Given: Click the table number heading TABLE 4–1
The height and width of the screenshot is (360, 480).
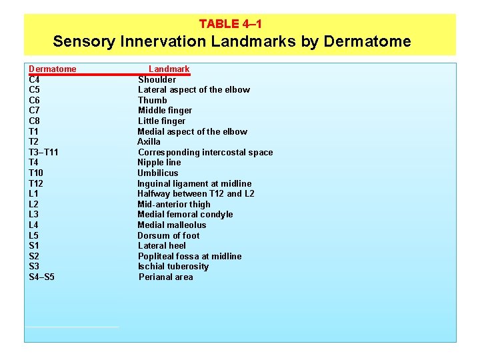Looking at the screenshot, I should point(230,24).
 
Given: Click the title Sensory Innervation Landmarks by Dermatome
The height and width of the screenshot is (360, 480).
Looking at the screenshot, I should point(232,41).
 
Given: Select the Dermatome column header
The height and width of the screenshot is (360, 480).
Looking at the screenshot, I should point(53,69).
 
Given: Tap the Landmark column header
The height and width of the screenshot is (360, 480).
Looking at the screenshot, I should point(169,69).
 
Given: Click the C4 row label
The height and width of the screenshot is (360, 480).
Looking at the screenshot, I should point(34,79).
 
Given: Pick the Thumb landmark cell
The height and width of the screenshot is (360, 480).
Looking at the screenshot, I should point(153,100).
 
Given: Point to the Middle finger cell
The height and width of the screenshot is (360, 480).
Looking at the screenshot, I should point(165,111).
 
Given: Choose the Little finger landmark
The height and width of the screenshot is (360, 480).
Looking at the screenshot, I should point(161,121).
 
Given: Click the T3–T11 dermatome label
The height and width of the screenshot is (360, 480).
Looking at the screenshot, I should point(43,152).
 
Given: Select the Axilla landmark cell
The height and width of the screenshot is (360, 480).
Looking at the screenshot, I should point(149,142).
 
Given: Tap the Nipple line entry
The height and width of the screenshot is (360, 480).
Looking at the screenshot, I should point(159,163).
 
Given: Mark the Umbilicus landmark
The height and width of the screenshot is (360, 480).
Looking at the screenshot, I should point(158,173).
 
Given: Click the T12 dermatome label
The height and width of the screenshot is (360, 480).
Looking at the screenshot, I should point(36,183).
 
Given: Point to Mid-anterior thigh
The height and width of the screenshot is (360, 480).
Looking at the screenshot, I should point(174,204).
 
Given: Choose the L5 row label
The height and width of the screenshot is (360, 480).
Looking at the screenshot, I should point(34,235).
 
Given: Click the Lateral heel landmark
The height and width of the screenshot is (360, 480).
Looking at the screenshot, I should point(162,245).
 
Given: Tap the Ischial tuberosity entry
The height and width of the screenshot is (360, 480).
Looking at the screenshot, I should point(173,267).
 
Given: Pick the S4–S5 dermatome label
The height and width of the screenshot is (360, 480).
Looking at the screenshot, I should point(42,277).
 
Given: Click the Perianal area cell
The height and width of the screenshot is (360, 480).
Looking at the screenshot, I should point(166,277).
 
